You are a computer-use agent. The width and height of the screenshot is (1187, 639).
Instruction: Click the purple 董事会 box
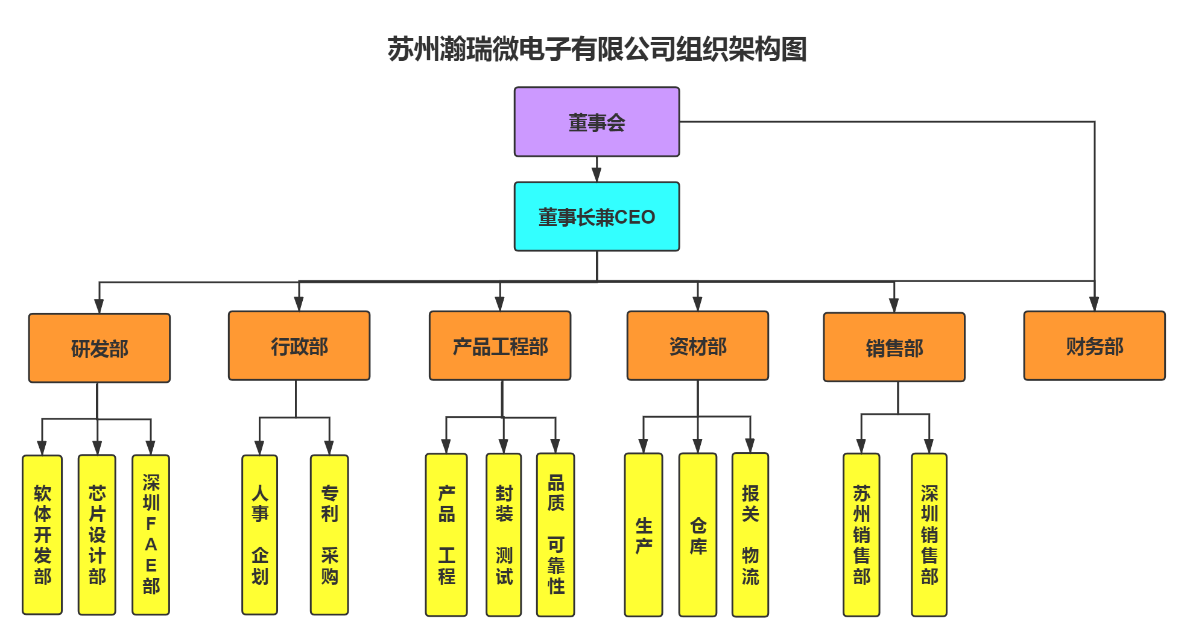(597, 122)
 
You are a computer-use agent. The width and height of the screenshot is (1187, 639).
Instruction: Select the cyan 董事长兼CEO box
(597, 216)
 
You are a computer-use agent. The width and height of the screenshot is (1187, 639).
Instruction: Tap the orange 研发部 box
(100, 348)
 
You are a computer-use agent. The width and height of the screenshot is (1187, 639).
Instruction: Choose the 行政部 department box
(299, 346)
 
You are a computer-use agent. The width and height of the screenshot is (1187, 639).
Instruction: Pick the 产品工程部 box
(500, 346)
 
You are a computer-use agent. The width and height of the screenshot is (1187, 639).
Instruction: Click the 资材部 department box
(698, 346)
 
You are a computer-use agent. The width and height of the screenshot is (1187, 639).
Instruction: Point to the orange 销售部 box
(894, 347)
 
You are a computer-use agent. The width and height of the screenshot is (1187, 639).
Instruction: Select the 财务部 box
(1094, 346)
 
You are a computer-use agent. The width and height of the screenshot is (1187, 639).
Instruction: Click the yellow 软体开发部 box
(42, 535)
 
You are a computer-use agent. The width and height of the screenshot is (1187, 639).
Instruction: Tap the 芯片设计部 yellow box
(97, 535)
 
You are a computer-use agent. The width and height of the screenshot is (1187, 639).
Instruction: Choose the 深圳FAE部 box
(151, 535)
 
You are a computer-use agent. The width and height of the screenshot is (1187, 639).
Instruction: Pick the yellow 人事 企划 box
(260, 535)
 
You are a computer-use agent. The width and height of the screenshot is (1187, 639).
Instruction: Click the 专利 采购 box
(329, 535)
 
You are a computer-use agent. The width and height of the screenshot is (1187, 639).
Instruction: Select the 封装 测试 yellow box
(504, 535)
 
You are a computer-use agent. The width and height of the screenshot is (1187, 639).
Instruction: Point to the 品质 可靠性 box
(556, 535)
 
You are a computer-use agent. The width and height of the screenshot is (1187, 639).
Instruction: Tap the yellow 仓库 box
(698, 535)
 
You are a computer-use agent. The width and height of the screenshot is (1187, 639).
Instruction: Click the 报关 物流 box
(750, 535)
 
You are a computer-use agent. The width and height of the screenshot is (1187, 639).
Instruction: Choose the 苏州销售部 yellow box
(861, 535)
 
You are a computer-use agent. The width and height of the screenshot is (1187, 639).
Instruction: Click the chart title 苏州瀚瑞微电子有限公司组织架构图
(597, 49)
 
